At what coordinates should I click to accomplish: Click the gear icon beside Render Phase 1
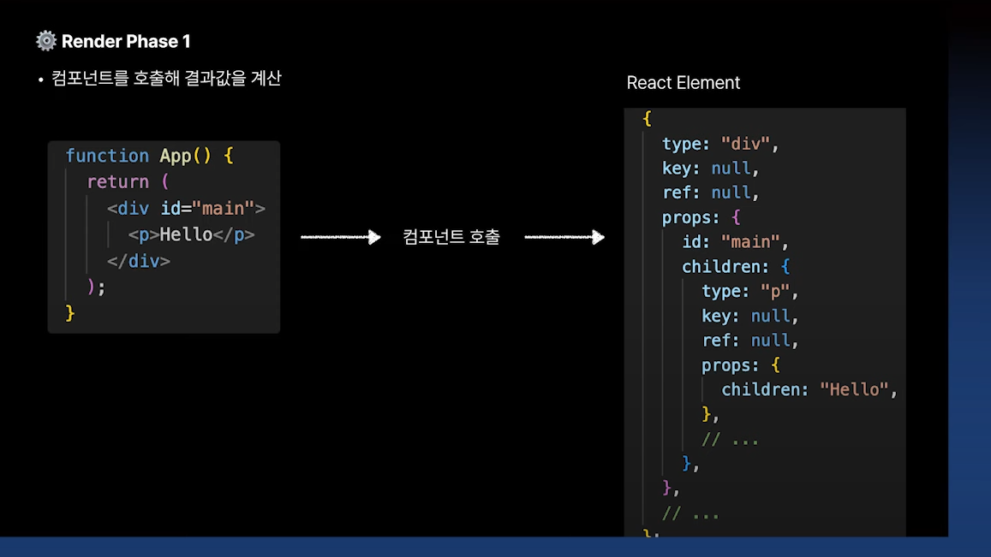tap(46, 41)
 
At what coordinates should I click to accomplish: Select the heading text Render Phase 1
tap(126, 41)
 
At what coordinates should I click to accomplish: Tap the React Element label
tap(683, 83)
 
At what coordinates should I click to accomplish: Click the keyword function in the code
tap(107, 156)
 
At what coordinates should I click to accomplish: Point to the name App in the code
tap(176, 156)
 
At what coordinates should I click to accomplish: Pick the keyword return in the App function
tap(118, 182)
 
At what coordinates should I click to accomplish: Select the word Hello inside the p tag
tap(186, 235)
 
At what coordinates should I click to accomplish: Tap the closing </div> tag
tap(139, 262)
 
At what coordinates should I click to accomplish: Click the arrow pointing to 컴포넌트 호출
tap(340, 237)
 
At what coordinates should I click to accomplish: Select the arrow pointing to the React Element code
tap(564, 237)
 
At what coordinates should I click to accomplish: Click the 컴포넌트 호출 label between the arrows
tap(451, 237)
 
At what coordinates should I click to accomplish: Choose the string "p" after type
tap(776, 292)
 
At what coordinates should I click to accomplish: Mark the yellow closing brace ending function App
tap(70, 314)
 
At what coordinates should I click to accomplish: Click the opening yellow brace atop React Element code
tap(648, 119)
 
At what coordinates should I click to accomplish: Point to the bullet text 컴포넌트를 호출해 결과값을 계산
tap(166, 79)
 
